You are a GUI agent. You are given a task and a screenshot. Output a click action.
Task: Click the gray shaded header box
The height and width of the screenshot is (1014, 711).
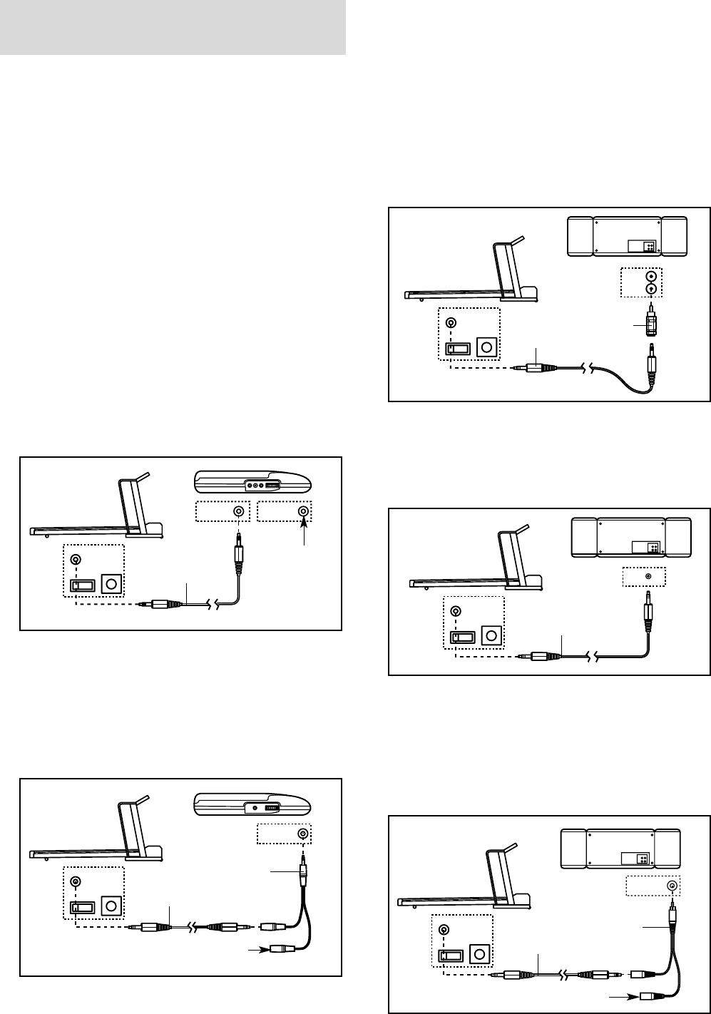[173, 28]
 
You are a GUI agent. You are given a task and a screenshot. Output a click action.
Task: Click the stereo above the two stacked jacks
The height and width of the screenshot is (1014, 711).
[626, 236]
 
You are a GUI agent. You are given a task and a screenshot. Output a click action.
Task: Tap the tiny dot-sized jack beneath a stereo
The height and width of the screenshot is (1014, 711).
[648, 575]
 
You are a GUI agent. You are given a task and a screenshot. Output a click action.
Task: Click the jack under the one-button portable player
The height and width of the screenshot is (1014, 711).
[303, 834]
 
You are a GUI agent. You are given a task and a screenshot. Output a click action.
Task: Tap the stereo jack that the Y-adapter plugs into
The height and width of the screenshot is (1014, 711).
[671, 885]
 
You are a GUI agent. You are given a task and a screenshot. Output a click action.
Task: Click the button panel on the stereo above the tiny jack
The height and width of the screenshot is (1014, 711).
[645, 548]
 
